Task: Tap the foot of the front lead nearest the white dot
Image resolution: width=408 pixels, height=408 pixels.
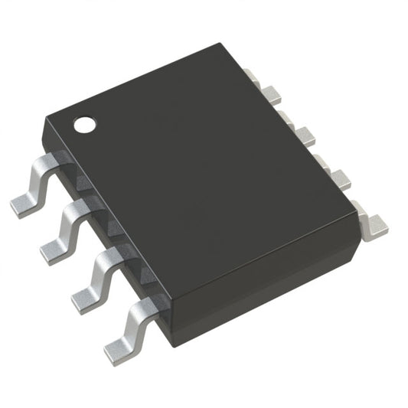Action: tap(27, 201)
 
